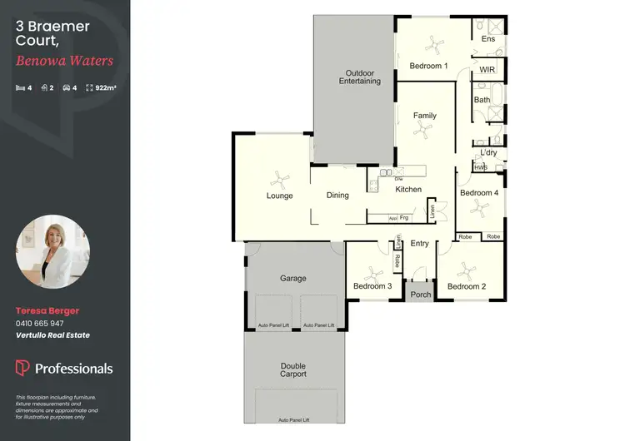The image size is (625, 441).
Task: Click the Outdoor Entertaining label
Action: pyautogui.click(x=360, y=77)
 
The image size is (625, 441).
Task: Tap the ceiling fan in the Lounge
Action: pyautogui.click(x=278, y=177)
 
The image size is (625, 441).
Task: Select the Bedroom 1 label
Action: pyautogui.click(x=428, y=66)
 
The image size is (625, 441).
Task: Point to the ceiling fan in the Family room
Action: pyautogui.click(x=425, y=129)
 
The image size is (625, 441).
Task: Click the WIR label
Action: pyautogui.click(x=487, y=69)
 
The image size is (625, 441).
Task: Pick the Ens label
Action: pyautogui.click(x=488, y=39)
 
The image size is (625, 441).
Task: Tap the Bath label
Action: pyautogui.click(x=482, y=100)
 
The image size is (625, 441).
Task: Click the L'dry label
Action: pyautogui.click(x=489, y=153)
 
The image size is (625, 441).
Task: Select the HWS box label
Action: pyautogui.click(x=481, y=167)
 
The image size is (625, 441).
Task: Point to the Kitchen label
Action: pyautogui.click(x=408, y=190)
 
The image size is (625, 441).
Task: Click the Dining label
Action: pyautogui.click(x=337, y=196)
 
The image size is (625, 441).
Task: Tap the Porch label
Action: pyautogui.click(x=421, y=295)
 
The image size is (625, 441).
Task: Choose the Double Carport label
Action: pyautogui.click(x=293, y=370)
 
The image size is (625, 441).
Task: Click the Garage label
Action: pyautogui.click(x=293, y=279)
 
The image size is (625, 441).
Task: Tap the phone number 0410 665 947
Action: pyautogui.click(x=40, y=323)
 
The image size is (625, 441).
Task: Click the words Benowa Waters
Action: pyautogui.click(x=64, y=61)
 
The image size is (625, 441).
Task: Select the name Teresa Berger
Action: pyautogui.click(x=47, y=310)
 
